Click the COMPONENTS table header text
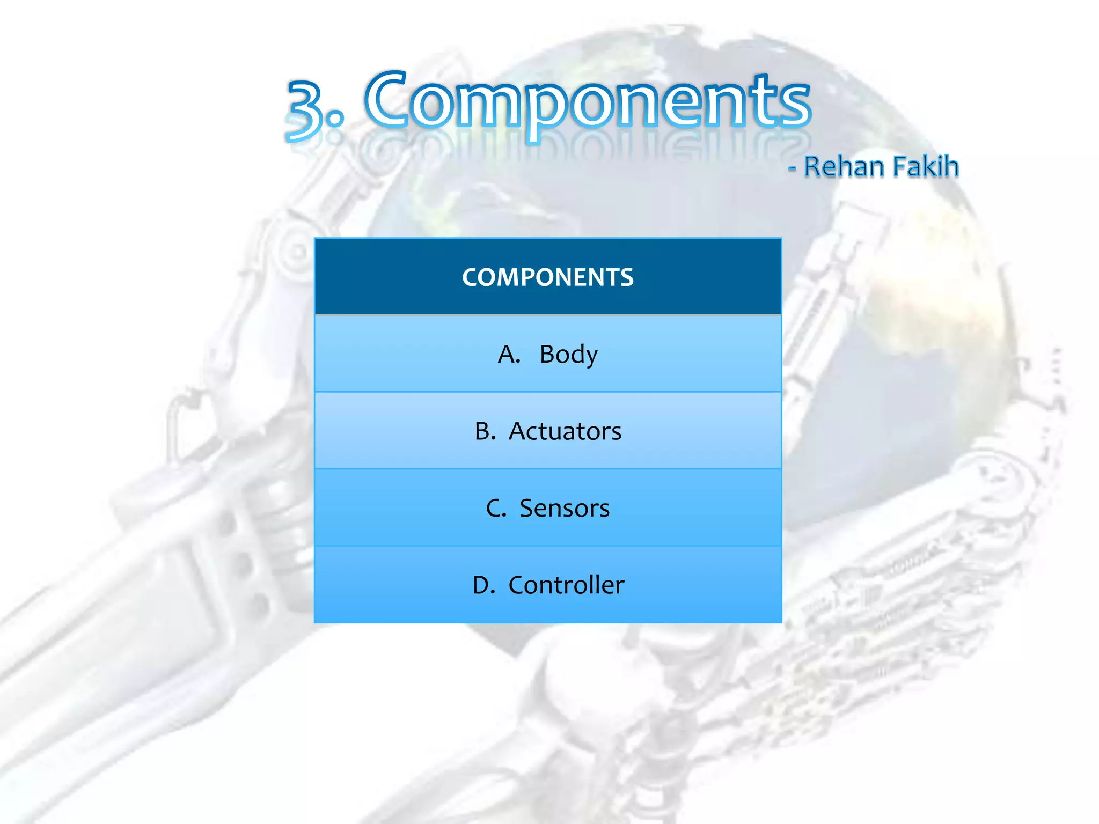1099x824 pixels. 548,277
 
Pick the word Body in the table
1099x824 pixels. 568,355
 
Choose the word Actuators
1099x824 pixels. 565,431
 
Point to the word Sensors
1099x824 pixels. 565,508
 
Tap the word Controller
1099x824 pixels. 566,585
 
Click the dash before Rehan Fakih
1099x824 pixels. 792,168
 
